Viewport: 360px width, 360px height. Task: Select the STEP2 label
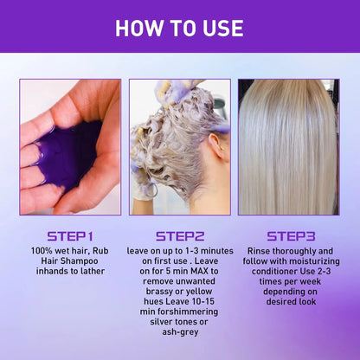180,235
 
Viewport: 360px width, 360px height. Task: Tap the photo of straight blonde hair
289,147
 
